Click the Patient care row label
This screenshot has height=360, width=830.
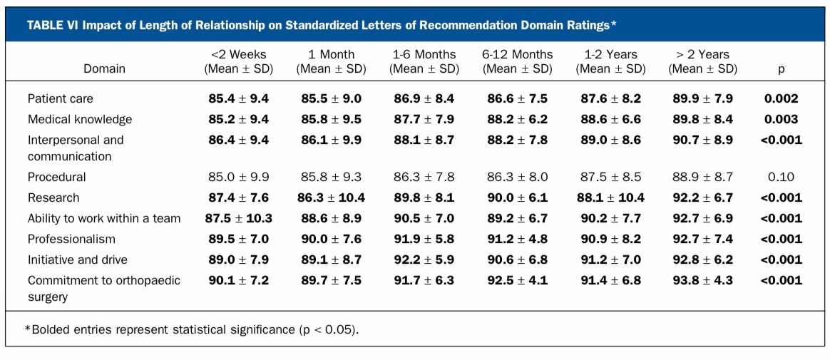click(60, 99)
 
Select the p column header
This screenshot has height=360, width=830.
click(781, 69)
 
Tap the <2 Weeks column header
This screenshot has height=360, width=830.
click(239, 62)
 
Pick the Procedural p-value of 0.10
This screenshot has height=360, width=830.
click(781, 177)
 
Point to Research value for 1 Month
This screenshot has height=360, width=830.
click(332, 197)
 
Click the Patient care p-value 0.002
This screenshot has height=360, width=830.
click(781, 99)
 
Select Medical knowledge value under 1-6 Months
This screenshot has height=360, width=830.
click(424, 120)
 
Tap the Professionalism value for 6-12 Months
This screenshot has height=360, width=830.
click(517, 239)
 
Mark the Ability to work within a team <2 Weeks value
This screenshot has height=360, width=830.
click(239, 218)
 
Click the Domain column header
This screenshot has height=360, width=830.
click(104, 69)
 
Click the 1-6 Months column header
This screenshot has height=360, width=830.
click(424, 62)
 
